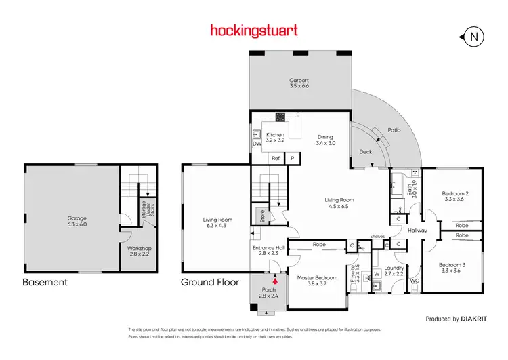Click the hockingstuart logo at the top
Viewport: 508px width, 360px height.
253,30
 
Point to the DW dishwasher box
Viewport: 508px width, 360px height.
257,144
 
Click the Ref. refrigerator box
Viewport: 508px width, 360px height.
276,158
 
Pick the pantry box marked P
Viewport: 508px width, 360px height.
293,158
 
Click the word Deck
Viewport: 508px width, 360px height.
366,152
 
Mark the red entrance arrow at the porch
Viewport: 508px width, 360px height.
275,279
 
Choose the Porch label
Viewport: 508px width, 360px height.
270,292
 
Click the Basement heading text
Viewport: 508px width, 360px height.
45,282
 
